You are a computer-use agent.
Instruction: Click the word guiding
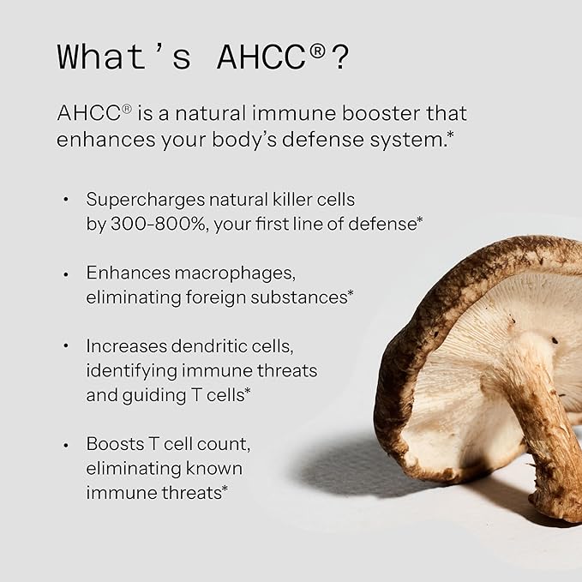[159, 394]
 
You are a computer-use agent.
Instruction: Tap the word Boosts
[114, 445]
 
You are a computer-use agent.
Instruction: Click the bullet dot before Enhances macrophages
[66, 273]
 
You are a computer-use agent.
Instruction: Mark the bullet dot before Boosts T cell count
[66, 445]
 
